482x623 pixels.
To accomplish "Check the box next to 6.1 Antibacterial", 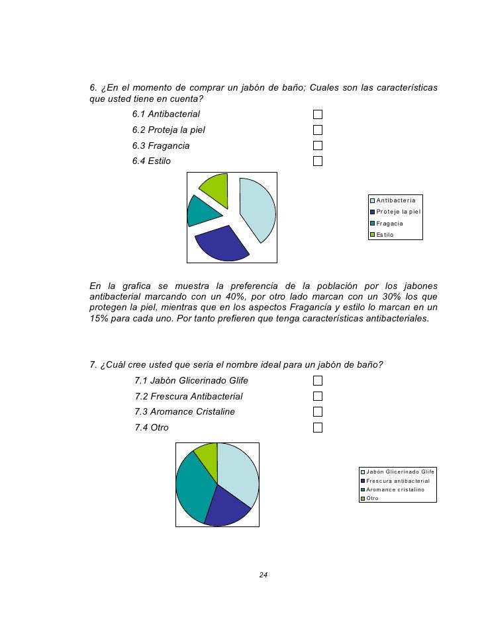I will pos(318,114).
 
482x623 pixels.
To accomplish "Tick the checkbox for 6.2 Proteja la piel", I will pos(318,130).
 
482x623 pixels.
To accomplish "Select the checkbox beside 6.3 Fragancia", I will pos(318,145).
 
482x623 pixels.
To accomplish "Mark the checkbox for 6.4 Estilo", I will pos(318,161).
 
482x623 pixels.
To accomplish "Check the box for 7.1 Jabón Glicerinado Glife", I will pos(318,380).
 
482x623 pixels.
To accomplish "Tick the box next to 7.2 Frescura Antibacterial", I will pos(318,396).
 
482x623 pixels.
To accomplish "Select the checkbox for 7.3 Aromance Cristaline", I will pos(318,411).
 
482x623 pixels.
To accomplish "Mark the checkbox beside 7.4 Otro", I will pos(318,427).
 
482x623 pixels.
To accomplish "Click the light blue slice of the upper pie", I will pos(258,208).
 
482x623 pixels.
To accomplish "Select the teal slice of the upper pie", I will pos(201,211).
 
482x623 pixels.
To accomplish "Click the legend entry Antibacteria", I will pos(395,201).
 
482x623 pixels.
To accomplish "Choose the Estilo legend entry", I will pos(385,235).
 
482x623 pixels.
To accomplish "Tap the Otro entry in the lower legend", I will pos(372,498).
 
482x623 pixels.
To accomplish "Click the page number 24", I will pos(263,574).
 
